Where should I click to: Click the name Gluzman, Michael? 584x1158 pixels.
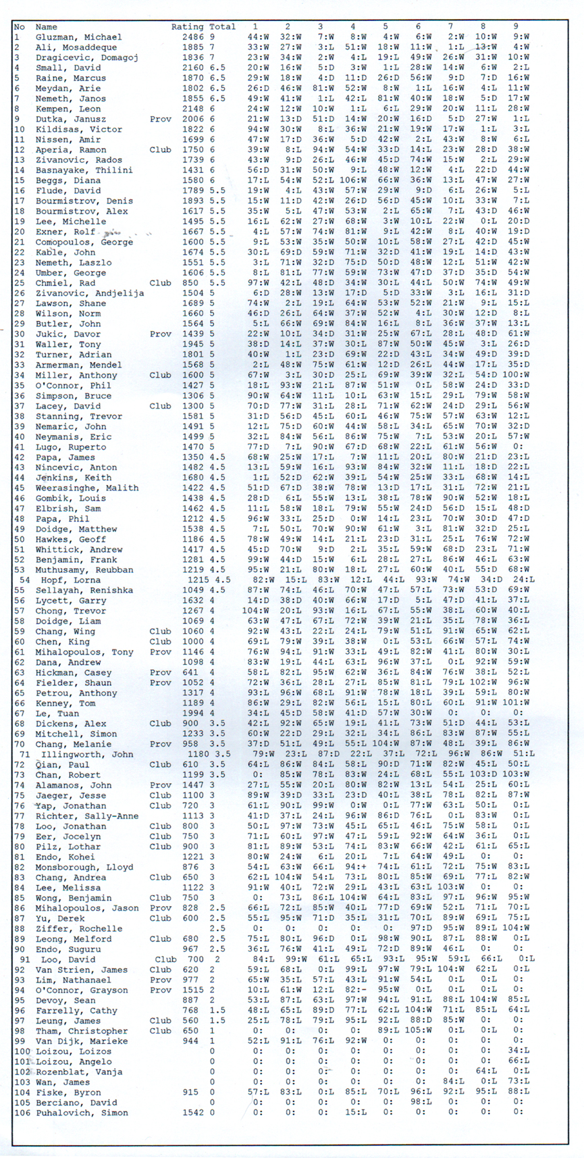pyautogui.click(x=78, y=37)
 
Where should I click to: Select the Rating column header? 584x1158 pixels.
pyautogui.click(x=187, y=27)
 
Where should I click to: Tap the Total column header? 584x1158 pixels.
pyautogui.click(x=222, y=27)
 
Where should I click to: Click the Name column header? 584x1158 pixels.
pyautogui.click(x=47, y=27)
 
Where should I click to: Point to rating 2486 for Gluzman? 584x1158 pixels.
pyautogui.click(x=193, y=37)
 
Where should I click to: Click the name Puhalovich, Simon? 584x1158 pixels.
pyautogui.click(x=82, y=1113)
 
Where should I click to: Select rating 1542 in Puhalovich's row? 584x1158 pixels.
pyautogui.click(x=193, y=1113)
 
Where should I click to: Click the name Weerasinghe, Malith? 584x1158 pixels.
pyautogui.click(x=87, y=488)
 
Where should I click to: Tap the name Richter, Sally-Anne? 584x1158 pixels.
pyautogui.click(x=87, y=815)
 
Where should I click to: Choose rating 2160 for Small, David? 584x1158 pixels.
pyautogui.click(x=193, y=68)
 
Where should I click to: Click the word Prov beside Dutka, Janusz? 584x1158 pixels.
pyautogui.click(x=161, y=119)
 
